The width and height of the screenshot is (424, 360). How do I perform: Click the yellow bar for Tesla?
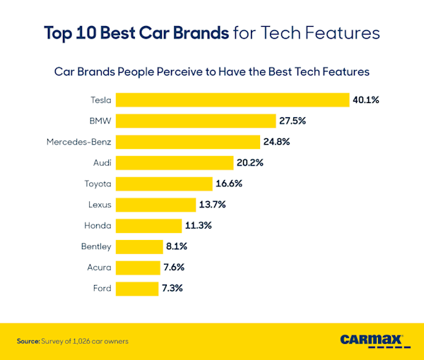[x=232, y=100]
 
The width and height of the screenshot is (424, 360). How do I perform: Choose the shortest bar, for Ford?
[x=137, y=288]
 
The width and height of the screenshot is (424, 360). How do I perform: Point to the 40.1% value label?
[x=366, y=100]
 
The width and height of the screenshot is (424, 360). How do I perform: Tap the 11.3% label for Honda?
[x=197, y=226]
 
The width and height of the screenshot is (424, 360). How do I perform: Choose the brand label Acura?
[x=99, y=268]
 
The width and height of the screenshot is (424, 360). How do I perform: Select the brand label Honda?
[x=98, y=226]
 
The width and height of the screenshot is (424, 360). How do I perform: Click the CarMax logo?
[x=375, y=340]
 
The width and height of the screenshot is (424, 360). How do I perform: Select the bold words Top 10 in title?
[x=70, y=32]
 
